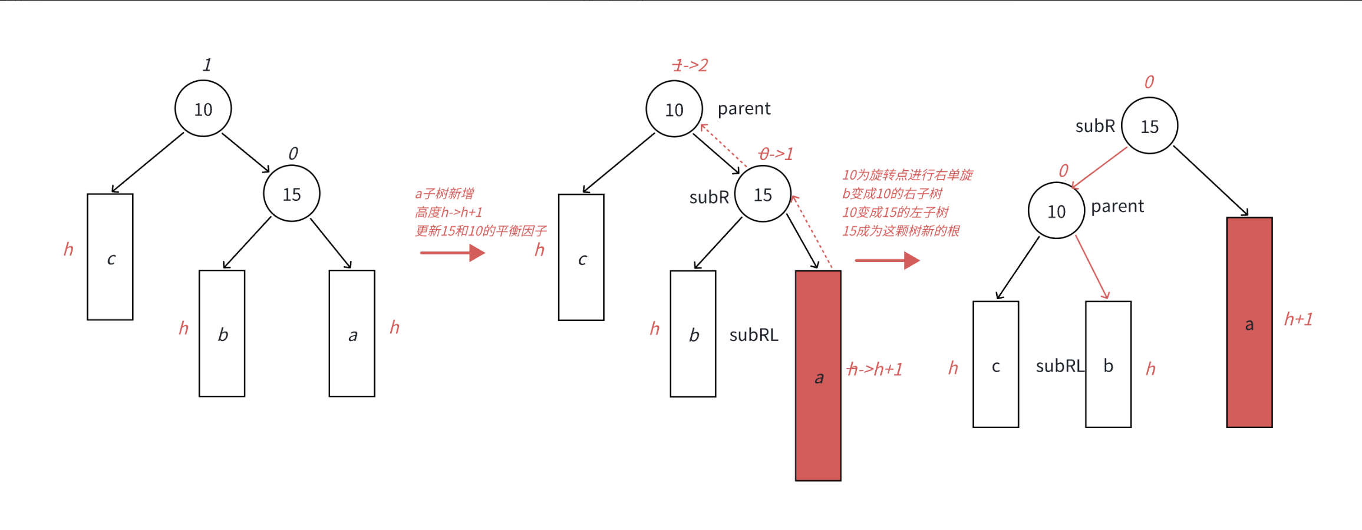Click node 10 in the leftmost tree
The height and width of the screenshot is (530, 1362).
coord(203,109)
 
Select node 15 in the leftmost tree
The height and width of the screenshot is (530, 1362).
coord(292,194)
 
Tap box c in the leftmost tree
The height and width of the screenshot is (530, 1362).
coord(110,257)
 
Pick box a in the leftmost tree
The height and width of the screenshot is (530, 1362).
coord(352,333)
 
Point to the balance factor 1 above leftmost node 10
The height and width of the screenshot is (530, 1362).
coord(207,65)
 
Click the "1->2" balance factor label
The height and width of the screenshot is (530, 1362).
coord(690,65)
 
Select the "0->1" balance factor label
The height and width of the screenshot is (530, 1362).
coord(776,154)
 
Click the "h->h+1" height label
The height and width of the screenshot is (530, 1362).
coord(875,369)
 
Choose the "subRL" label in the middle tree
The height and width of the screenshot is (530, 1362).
coord(754,335)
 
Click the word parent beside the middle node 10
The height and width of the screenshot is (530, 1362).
coord(744,108)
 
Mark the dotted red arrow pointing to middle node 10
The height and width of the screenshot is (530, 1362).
coord(724,146)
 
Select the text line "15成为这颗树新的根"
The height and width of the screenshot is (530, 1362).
coord(901,231)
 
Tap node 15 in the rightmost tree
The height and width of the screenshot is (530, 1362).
coord(1149,126)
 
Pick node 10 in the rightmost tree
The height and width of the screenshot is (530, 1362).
coord(1056,211)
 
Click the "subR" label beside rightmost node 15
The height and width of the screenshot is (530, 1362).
coord(1095,126)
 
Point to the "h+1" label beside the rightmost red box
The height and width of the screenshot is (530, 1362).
coord(1298,319)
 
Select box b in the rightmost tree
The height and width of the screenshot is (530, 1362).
coord(1108,365)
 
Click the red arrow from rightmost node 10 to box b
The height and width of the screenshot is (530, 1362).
coord(1093,268)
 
